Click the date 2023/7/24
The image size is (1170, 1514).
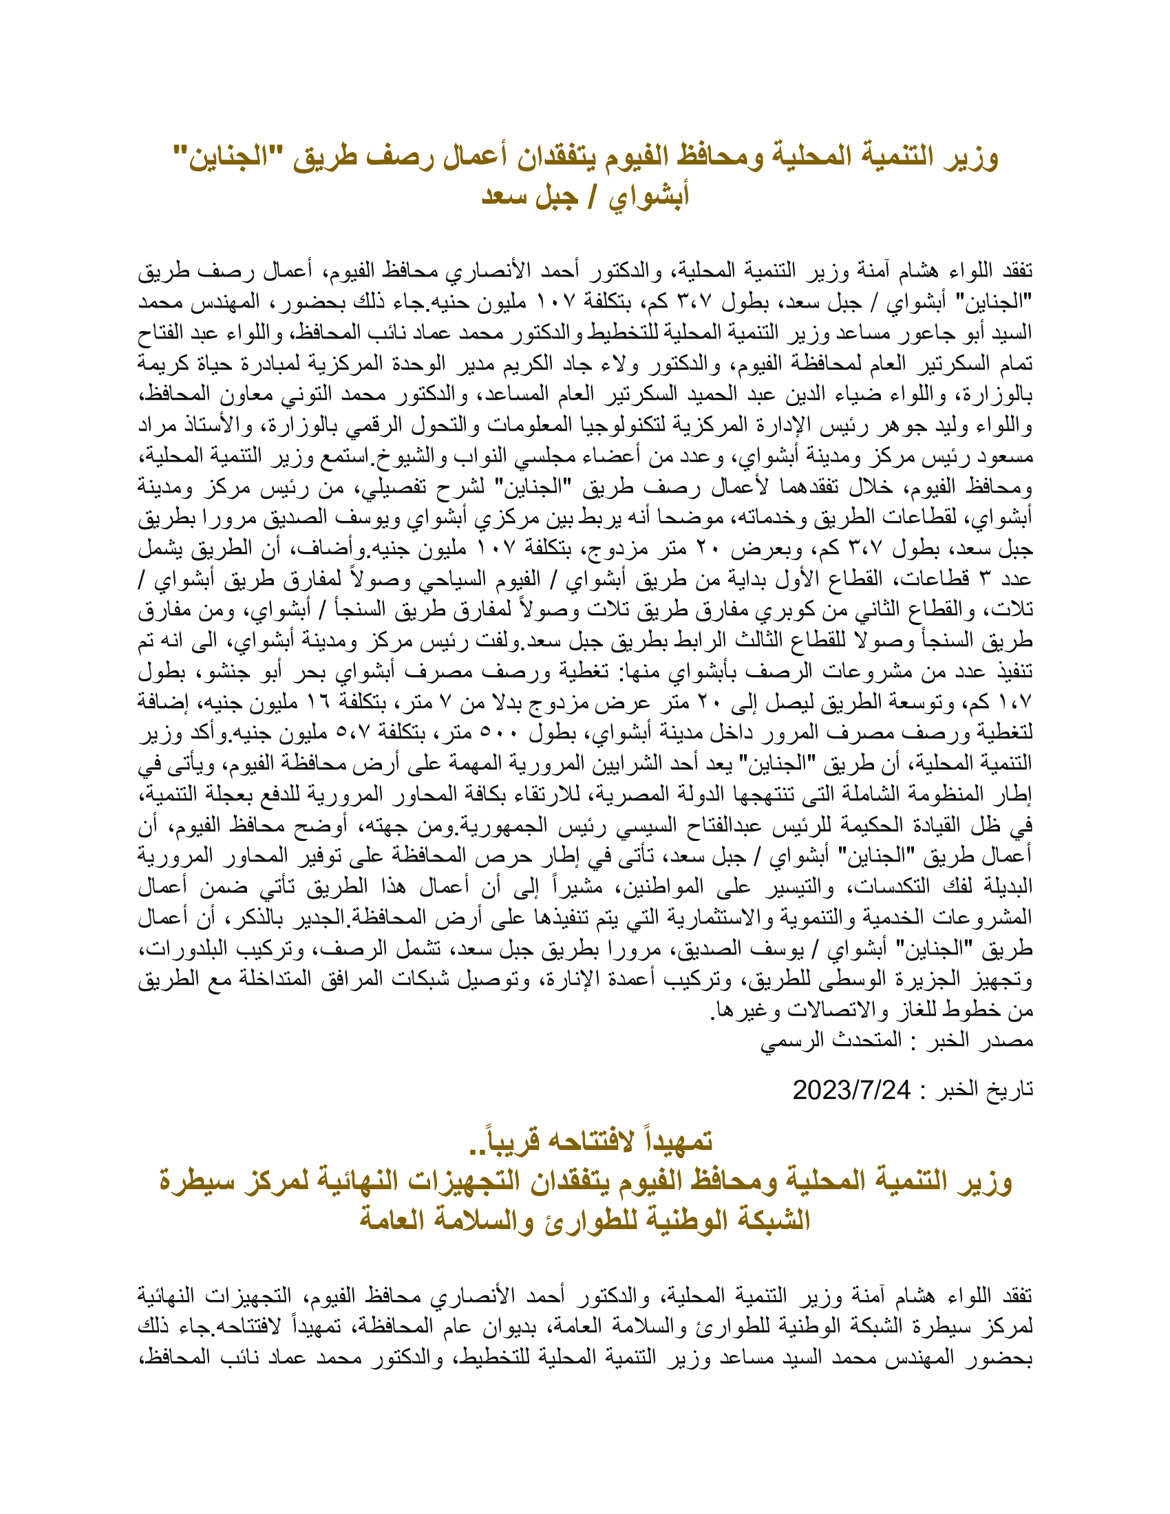tap(851, 1091)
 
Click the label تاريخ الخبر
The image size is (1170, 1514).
tap(983, 1091)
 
